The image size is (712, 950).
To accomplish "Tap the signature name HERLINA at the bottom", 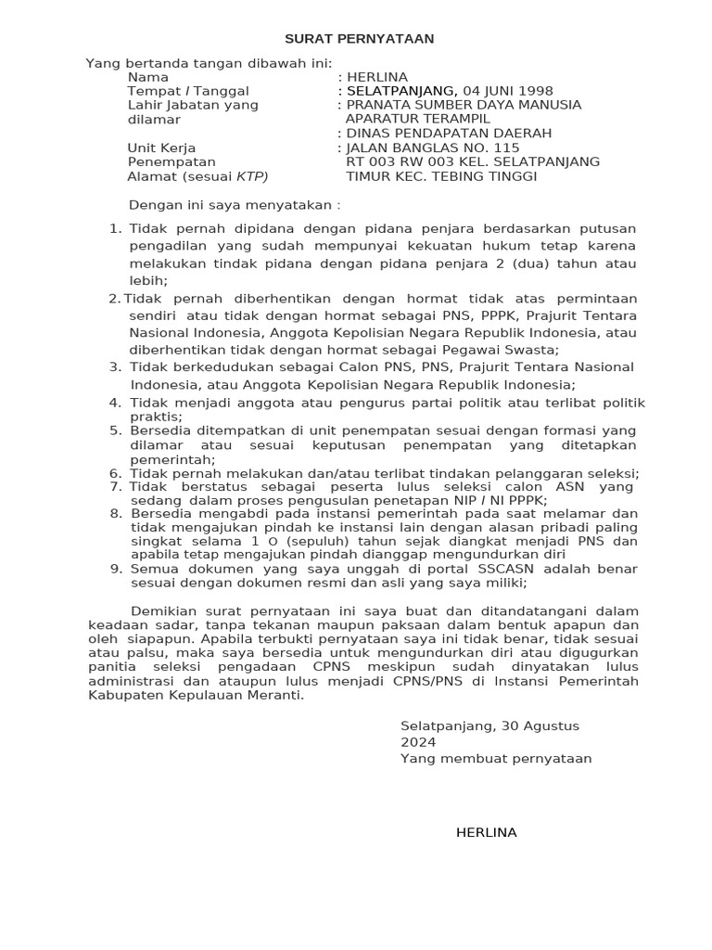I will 486,832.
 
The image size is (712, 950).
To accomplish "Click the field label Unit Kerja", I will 160,148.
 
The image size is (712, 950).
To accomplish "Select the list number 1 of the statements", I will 114,228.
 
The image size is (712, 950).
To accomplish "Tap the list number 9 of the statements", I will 115,568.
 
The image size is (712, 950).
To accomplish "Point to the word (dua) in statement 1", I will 542,263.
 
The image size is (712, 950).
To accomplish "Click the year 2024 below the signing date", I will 417,742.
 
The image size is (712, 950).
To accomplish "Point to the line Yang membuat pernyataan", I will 496,759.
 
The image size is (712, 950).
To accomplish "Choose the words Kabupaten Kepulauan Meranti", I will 195,695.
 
